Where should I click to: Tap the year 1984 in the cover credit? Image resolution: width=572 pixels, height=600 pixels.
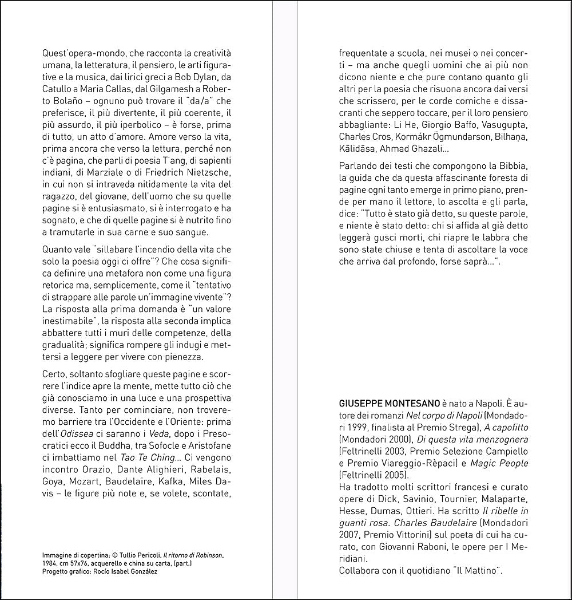pyautogui.click(x=51, y=563)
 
